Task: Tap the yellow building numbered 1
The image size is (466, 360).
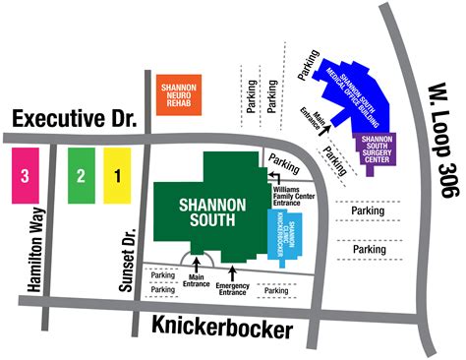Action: click(x=117, y=176)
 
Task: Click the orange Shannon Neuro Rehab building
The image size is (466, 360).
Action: click(x=179, y=92)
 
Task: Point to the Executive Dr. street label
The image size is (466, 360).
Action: click(x=73, y=120)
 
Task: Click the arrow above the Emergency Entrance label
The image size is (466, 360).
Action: click(x=233, y=269)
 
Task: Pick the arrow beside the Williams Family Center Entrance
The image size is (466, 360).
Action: click(x=272, y=176)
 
